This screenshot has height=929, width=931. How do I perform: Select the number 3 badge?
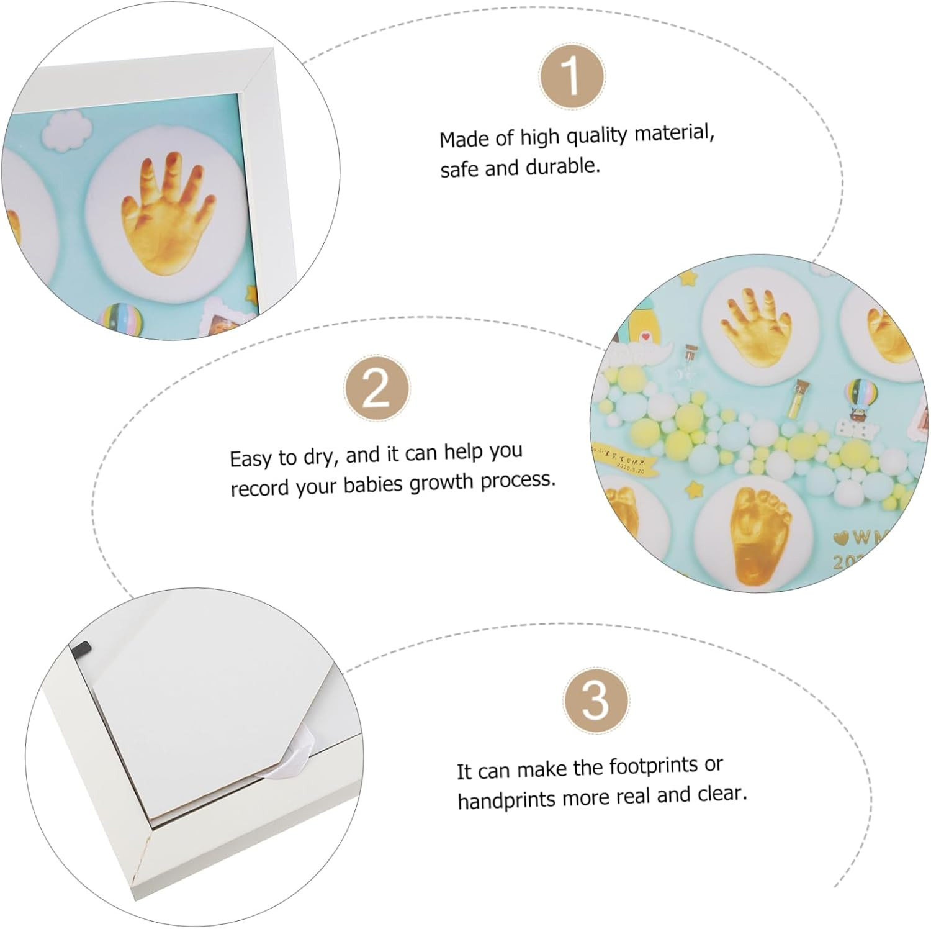click(595, 700)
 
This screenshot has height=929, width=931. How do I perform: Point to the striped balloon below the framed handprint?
click(121, 317)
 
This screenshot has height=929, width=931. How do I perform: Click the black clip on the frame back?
click(81, 649)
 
